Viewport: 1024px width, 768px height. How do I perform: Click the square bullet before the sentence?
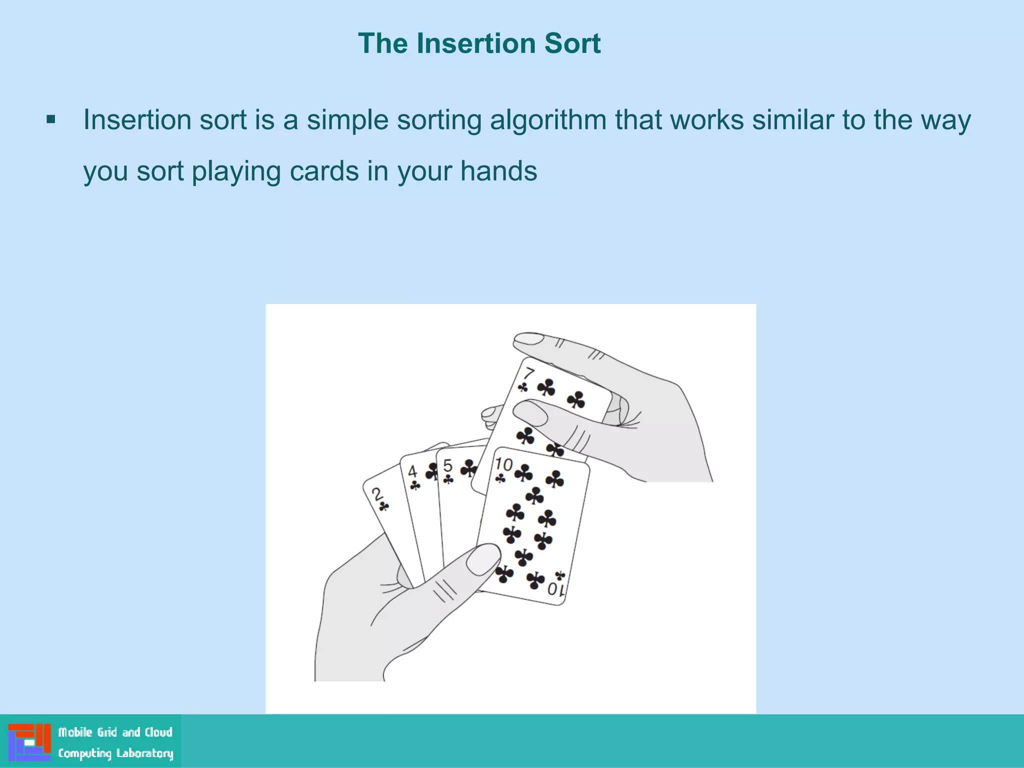coord(50,120)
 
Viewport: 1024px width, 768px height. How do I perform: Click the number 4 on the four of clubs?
coord(412,471)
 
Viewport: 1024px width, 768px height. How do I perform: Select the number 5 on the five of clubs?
coord(447,466)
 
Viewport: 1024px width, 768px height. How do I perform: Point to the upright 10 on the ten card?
coord(504,464)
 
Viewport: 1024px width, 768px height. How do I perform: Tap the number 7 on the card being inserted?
coord(529,373)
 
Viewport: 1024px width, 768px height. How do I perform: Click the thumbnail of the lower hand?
coord(482,559)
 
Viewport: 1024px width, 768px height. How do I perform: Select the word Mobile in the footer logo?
coord(75,732)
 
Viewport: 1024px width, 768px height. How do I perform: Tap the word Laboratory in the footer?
coord(144,753)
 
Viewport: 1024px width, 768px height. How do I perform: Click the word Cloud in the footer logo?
coord(158,732)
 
